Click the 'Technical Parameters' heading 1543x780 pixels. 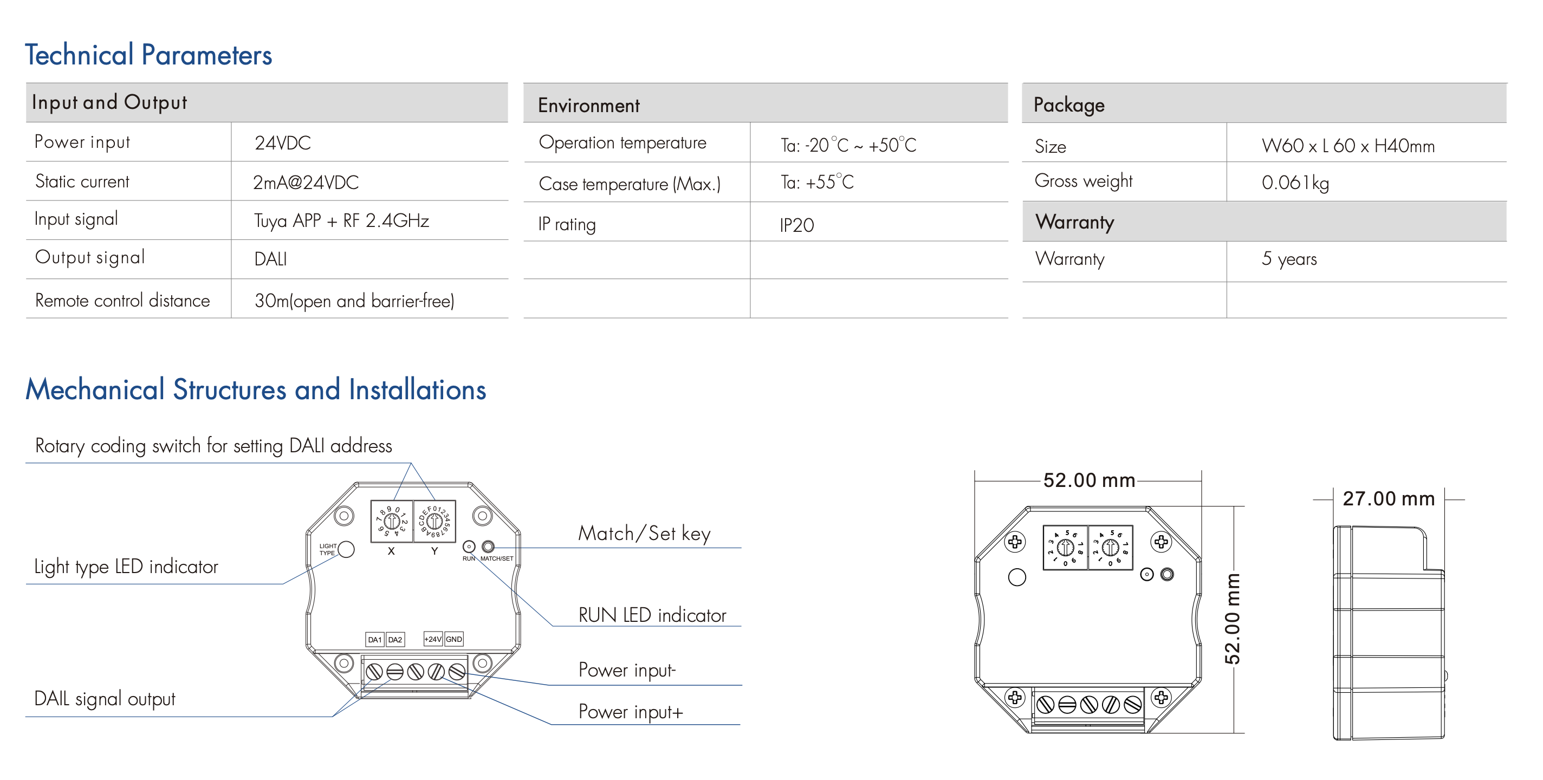(148, 55)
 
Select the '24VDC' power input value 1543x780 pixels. (283, 143)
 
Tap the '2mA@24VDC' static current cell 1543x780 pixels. (306, 182)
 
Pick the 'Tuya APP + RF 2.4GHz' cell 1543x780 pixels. (341, 221)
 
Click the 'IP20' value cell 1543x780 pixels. (796, 225)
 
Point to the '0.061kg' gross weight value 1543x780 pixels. (1295, 183)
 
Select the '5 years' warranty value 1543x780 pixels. (1289, 259)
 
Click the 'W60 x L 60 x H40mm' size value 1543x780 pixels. (1348, 146)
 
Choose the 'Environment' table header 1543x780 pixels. (589, 106)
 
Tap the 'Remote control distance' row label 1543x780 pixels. (123, 300)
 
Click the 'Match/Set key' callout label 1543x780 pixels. (645, 533)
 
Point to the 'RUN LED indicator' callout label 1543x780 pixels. (652, 615)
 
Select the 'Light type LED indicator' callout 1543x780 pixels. (126, 567)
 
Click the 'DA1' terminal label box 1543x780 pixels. (375, 640)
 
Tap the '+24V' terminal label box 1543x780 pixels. (433, 639)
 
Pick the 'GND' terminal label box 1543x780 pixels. (454, 639)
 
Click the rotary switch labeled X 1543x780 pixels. (392, 521)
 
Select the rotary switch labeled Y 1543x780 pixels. (435, 521)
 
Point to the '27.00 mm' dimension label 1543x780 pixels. (1389, 498)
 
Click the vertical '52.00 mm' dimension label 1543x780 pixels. (1232, 619)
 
